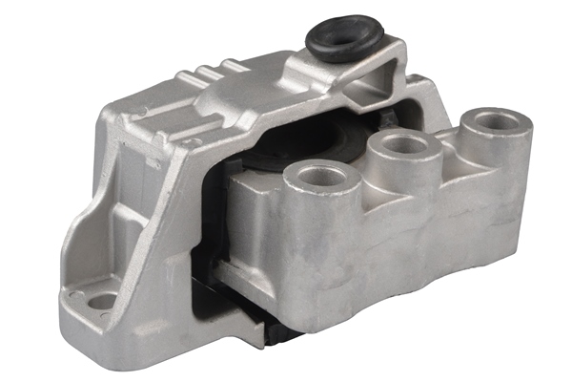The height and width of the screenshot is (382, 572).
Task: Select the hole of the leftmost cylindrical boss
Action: [322, 176]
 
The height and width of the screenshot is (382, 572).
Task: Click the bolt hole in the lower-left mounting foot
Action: [101, 302]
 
